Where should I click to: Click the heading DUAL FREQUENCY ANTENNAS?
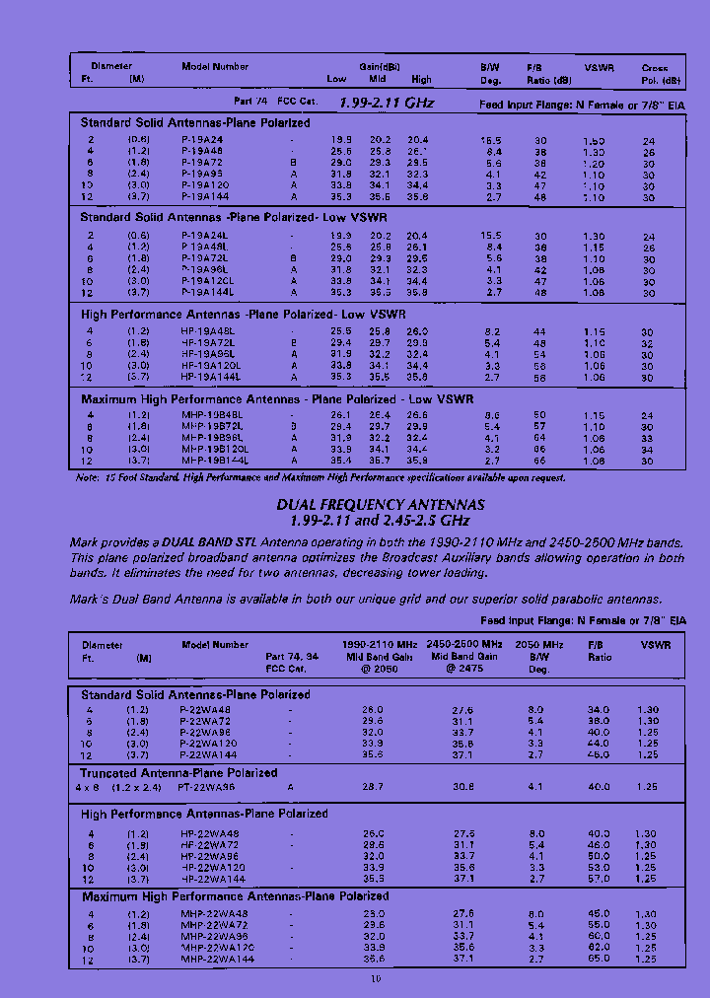(381, 504)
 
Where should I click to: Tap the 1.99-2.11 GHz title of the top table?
(386, 102)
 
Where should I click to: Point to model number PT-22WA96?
(205, 788)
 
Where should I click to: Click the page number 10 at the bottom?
(375, 979)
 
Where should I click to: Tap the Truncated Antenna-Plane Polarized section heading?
(178, 773)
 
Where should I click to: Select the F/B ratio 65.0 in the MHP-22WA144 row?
(599, 959)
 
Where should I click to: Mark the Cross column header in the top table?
(655, 68)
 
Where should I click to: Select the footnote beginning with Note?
(320, 477)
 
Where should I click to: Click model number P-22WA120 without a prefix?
(208, 744)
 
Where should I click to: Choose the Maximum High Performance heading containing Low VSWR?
(277, 399)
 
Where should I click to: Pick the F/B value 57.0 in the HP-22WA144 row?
(599, 879)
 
